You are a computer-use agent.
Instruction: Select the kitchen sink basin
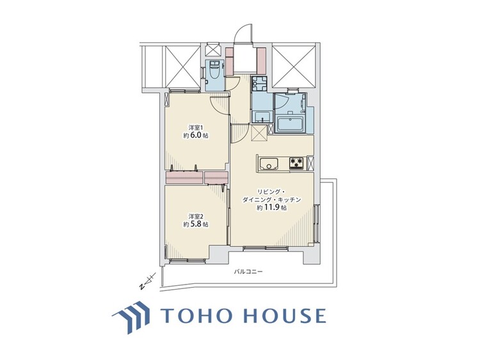tap(270, 164)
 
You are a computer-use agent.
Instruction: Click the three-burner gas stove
tap(297, 162)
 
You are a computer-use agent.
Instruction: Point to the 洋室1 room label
tap(195, 126)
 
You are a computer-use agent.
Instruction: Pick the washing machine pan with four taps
tap(259, 84)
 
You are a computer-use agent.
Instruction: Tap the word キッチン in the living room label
tap(298, 200)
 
